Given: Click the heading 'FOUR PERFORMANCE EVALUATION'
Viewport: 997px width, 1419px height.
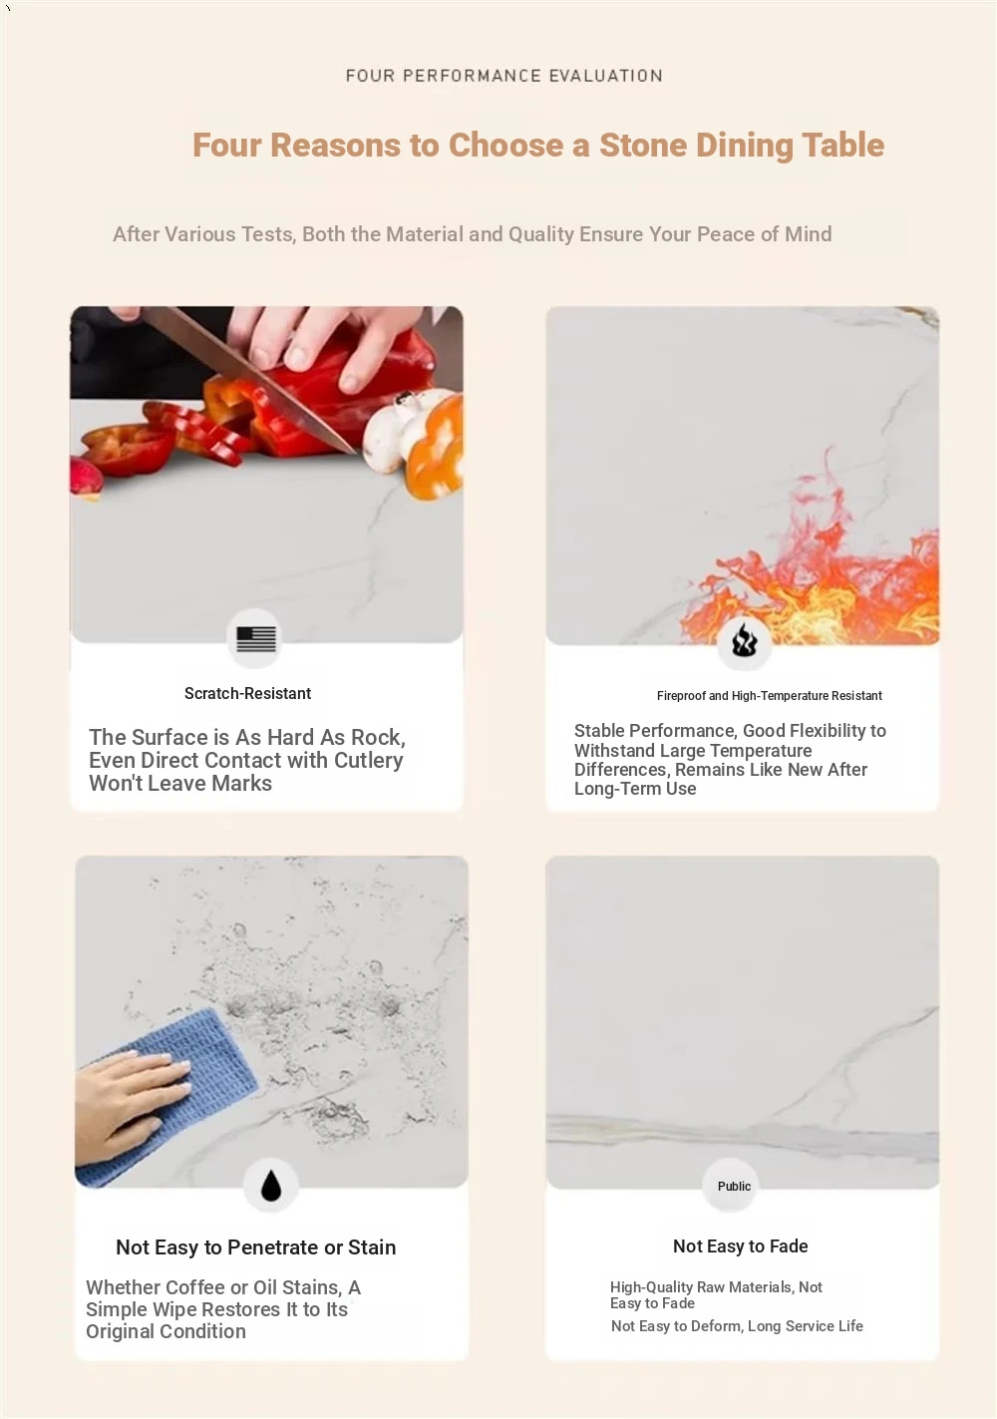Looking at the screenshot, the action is (x=504, y=76).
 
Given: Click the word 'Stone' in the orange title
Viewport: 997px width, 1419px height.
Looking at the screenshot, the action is (x=643, y=145).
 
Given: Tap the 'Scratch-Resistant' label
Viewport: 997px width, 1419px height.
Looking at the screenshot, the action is (x=247, y=694).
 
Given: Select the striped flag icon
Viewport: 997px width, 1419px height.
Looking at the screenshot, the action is (x=256, y=638).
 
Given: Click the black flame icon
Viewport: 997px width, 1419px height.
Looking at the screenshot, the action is (x=745, y=639).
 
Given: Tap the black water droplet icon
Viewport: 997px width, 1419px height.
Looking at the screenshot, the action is (x=271, y=1185).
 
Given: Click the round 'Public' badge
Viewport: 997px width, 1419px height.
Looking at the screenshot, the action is (x=734, y=1186).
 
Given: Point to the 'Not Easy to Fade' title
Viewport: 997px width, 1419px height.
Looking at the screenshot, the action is (x=741, y=1246).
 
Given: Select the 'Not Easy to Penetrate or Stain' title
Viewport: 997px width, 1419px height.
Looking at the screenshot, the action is (x=256, y=1247).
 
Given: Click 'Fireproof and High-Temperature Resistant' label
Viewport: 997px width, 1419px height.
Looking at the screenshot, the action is (x=769, y=696).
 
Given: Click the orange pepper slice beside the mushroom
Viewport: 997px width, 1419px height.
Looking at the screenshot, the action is (x=436, y=447).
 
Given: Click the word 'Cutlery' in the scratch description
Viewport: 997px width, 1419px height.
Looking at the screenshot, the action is (x=368, y=760).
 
